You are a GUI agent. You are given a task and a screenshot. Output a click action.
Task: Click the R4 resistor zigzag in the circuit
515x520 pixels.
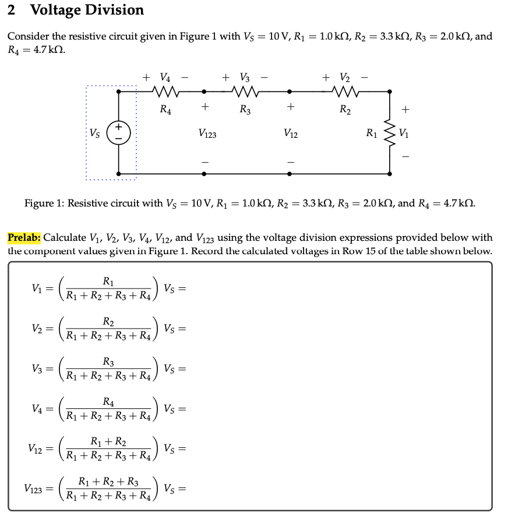coord(165,91)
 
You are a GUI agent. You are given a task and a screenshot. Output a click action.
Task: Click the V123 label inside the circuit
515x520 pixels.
coord(207,134)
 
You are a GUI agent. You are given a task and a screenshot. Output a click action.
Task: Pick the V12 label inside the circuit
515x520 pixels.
coord(291,134)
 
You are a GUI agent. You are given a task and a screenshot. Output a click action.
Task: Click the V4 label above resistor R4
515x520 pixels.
coord(165,77)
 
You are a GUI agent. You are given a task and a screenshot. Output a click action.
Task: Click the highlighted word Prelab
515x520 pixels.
coord(24,237)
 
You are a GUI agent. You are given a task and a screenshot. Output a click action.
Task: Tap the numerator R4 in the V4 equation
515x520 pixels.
coord(108,402)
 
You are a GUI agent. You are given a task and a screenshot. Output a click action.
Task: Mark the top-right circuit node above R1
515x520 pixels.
coord(390,91)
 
